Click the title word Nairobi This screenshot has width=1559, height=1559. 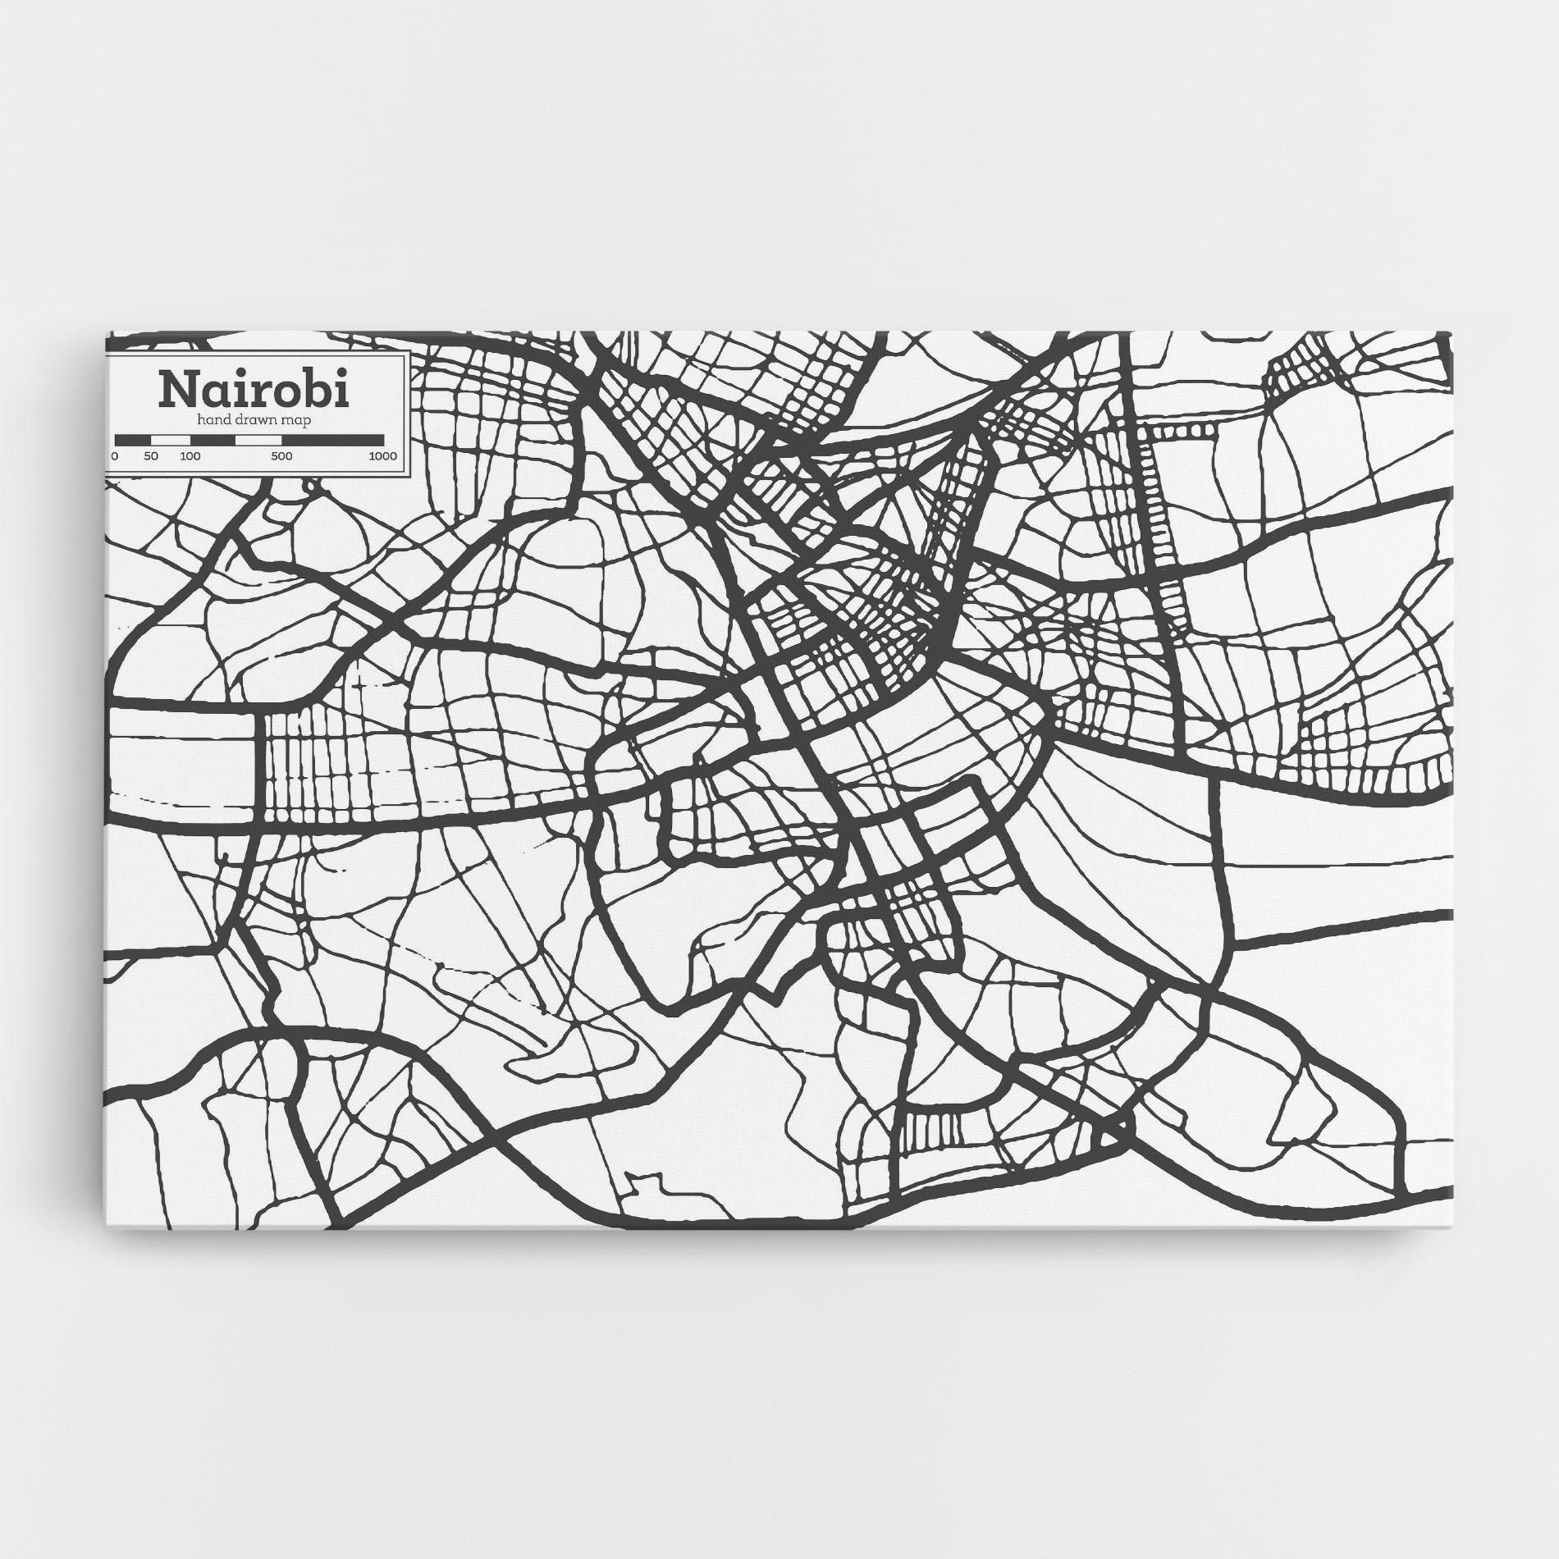(254, 389)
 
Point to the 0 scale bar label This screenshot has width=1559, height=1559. (115, 456)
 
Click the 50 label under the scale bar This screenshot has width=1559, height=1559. (151, 456)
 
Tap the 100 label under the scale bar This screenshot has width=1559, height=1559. (190, 456)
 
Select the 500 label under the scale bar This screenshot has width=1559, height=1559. (281, 456)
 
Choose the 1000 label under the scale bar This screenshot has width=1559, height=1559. (382, 456)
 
